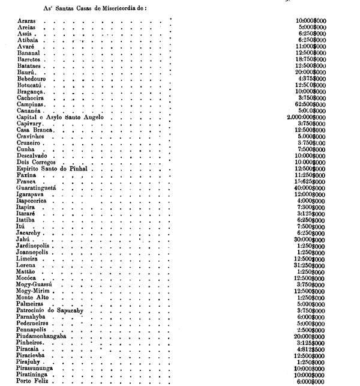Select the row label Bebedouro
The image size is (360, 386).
(x=32, y=79)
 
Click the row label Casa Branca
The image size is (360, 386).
(x=35, y=130)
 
